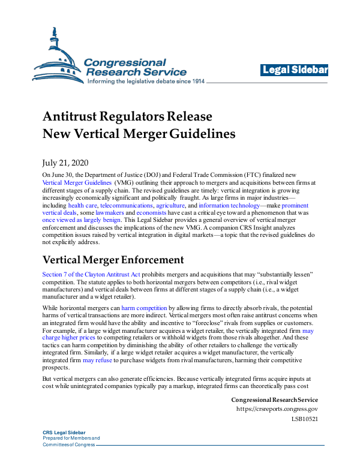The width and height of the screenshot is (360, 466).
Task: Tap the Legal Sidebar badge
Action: (295, 71)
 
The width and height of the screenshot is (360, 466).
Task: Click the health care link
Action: (83, 205)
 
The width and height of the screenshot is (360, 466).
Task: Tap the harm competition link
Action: (145, 308)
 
